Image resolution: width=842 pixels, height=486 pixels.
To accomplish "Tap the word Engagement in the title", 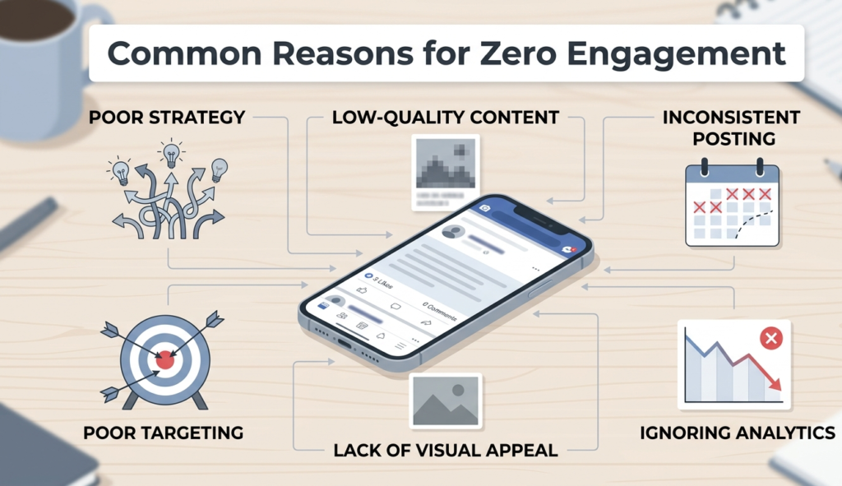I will [689, 54].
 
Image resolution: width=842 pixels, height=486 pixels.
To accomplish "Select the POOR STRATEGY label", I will [167, 118].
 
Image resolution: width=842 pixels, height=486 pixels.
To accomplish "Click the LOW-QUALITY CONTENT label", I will [445, 118].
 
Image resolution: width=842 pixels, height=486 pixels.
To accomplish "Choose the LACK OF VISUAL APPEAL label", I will [445, 450].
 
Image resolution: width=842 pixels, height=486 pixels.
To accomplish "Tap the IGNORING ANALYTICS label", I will [737, 433].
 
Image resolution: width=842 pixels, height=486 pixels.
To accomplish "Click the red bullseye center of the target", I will [165, 359].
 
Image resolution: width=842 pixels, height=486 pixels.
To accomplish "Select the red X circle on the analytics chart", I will [770, 337].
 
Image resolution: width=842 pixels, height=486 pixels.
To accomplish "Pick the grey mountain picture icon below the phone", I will [445, 400].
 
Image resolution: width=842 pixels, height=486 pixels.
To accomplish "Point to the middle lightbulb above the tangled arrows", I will [172, 153].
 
